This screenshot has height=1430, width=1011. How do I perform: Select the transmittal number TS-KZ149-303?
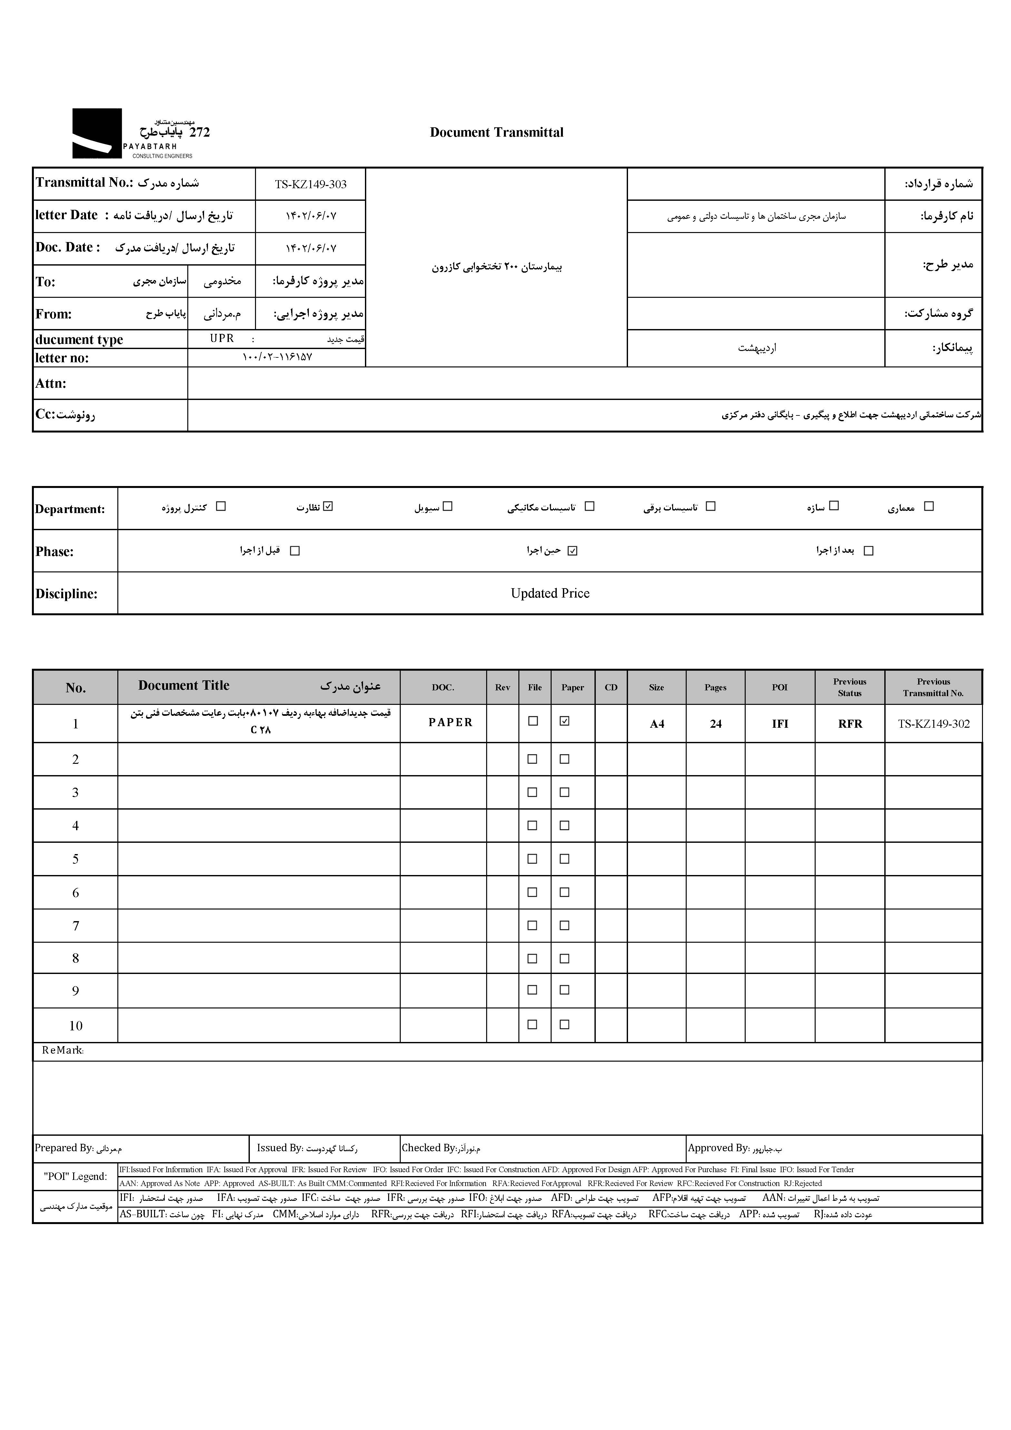pos(310,184)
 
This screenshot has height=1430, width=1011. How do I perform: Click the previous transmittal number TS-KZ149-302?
pos(933,724)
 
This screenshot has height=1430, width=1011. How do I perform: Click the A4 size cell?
pos(657,724)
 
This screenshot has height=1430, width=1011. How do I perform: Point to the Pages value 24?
pos(715,724)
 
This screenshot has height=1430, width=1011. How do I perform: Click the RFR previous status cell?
pos(850,724)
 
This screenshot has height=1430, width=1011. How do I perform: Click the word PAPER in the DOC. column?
pos(450,723)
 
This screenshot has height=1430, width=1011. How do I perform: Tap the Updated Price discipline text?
pos(549,594)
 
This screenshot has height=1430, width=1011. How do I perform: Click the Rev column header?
pos(502,687)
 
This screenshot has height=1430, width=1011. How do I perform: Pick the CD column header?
pos(611,687)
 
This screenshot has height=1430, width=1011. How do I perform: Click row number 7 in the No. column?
pos(75,926)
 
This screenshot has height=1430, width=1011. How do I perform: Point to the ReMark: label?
pos(62,1050)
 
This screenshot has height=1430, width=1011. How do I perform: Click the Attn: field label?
pos(51,384)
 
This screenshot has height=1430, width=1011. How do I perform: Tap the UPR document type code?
pos(222,338)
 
